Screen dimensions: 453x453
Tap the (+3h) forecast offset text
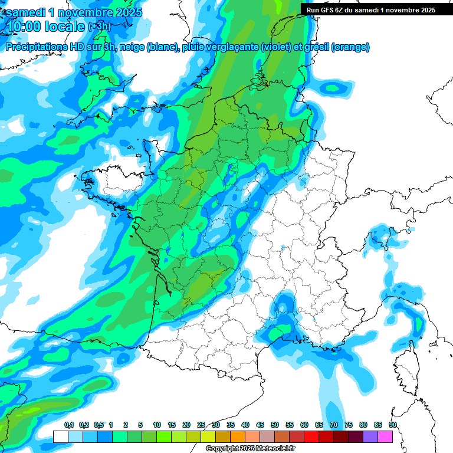click(99, 27)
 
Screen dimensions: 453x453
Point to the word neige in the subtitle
click(132, 47)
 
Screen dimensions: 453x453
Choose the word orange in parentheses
click(351, 47)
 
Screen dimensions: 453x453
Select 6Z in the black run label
click(340, 9)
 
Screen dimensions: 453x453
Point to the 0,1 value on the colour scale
click(68, 425)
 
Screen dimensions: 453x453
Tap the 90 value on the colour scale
click(393, 425)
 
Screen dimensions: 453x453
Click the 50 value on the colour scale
click(275, 425)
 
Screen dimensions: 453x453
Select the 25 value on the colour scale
click(201, 425)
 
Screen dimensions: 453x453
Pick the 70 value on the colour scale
click(334, 425)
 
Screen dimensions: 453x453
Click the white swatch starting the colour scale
click(61, 436)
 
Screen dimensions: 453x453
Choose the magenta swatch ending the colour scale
click(385, 436)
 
